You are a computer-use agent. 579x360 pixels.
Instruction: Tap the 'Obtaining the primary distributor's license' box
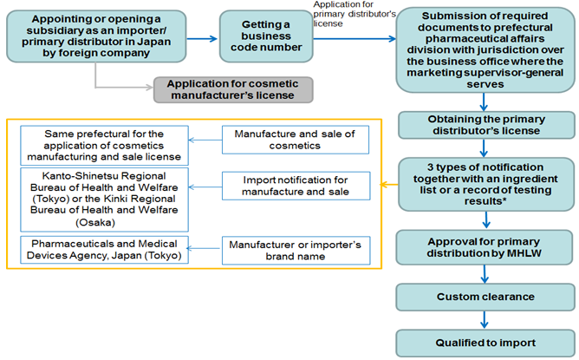pos(485,124)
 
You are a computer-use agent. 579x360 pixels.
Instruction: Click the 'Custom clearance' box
pos(485,298)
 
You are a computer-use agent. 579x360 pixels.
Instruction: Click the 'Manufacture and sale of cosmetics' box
pos(296,140)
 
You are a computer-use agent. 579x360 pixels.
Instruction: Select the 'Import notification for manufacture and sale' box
pos(296,185)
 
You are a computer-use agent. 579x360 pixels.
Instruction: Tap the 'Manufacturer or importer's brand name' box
pos(296,250)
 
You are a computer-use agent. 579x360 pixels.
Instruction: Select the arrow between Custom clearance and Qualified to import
pos(485,318)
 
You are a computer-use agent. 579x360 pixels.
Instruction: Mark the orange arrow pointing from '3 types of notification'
pos(386,185)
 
